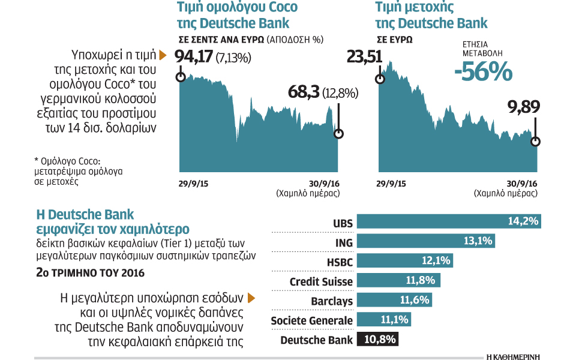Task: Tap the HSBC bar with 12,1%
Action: pos(405,261)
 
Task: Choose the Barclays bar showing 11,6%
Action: pos(395,300)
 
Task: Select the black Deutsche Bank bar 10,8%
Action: pos(378,340)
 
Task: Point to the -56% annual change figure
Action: pos(483,73)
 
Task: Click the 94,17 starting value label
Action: pos(195,58)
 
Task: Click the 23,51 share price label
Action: pos(364,58)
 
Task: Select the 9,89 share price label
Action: pos(524,107)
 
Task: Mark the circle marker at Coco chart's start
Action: pos(180,77)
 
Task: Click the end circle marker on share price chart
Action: pos(536,142)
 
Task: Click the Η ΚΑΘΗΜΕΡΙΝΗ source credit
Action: pos(513,355)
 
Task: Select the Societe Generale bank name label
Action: pos(311,320)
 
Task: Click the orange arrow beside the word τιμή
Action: pos(162,55)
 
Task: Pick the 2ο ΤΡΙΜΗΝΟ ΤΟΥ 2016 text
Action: pos(90,273)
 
